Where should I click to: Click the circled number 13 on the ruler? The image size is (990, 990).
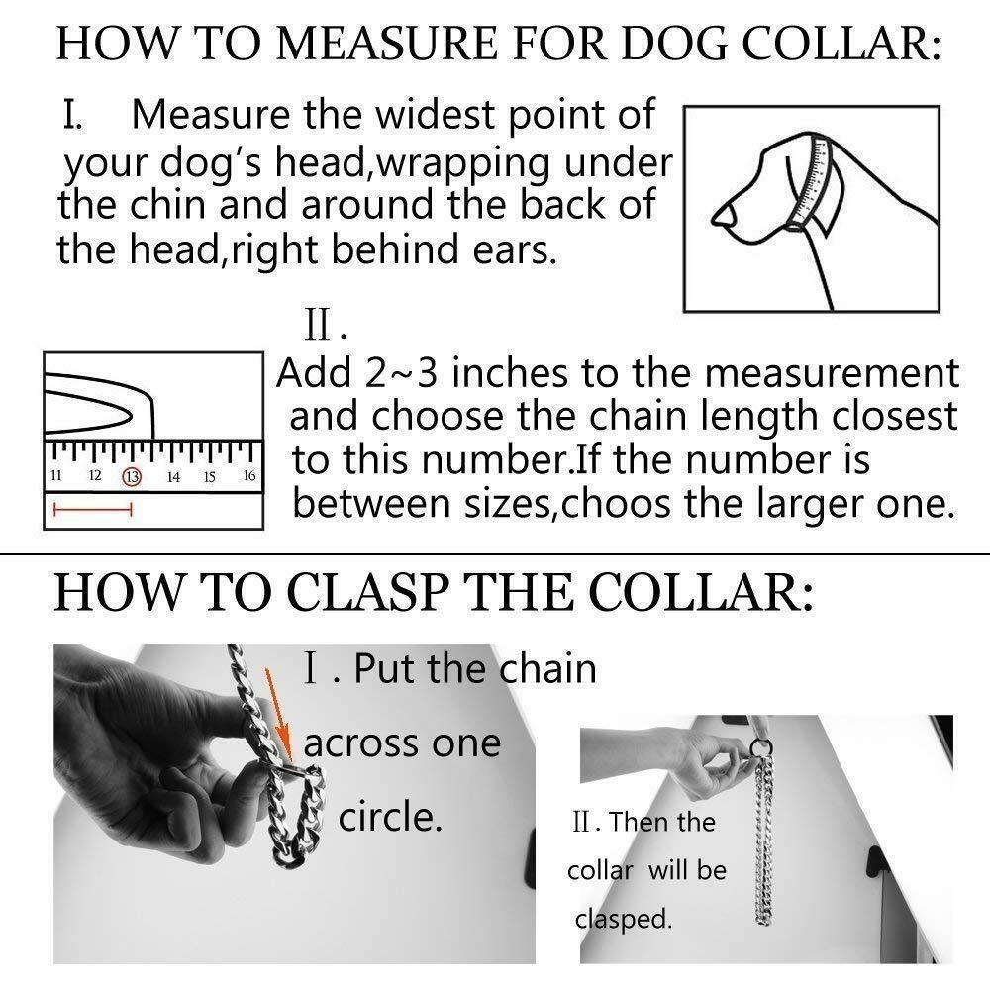[x=132, y=477]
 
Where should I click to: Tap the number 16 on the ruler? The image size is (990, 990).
[x=249, y=475]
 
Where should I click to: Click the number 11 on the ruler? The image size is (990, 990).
[x=56, y=475]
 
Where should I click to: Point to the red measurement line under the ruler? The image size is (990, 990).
[x=93, y=509]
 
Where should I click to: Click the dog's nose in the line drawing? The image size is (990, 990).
[x=724, y=216]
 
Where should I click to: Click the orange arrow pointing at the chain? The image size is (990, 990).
[x=278, y=714]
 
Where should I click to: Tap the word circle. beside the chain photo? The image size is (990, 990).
[x=389, y=817]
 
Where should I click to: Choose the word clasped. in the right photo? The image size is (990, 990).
[x=623, y=919]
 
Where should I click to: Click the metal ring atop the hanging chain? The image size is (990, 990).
[x=762, y=748]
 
